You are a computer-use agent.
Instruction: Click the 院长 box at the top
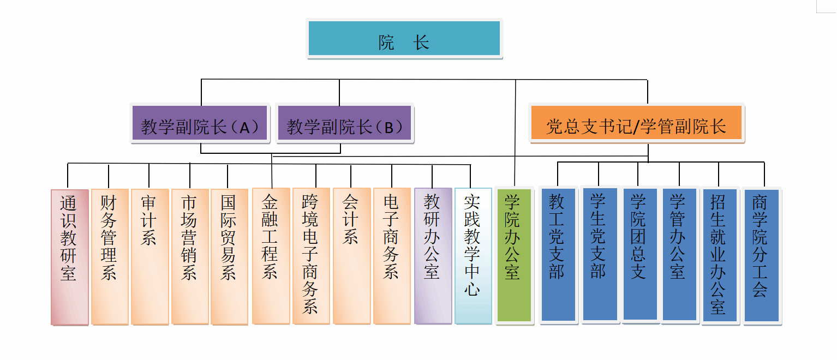coord(404,39)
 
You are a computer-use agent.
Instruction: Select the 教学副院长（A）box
coord(200,124)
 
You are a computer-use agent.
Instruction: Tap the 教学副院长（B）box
coord(344,124)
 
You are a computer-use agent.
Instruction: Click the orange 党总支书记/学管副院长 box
coord(636,124)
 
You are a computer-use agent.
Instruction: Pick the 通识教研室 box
coord(69,256)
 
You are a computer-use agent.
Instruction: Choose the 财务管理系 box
coord(110,256)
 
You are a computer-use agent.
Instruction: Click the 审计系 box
coord(150,256)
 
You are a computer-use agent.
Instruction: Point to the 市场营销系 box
coord(190,256)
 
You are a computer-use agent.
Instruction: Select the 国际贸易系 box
coord(229,256)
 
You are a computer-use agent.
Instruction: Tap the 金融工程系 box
coord(271,256)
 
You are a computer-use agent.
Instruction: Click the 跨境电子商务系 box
coord(311,256)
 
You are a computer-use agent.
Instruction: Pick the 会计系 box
coord(351,256)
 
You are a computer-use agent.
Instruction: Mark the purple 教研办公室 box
coord(433,256)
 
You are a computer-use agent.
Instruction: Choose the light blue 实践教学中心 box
coord(473,256)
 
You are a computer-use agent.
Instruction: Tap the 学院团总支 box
coord(639,254)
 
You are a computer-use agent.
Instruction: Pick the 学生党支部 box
coord(600,254)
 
